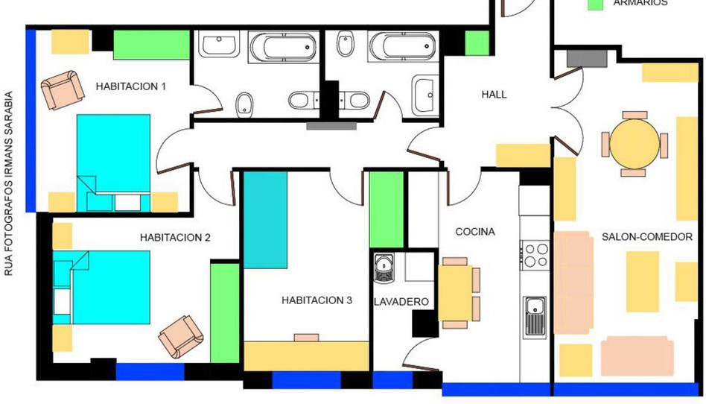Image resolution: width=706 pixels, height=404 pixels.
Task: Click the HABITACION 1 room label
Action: [x=130, y=86]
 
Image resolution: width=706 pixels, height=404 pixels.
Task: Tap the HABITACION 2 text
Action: [x=175, y=237]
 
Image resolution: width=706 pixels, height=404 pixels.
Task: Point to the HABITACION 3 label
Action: [x=317, y=300]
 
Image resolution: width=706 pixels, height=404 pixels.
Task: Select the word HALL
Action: [x=494, y=94]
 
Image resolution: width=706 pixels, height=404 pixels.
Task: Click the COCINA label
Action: [x=475, y=232]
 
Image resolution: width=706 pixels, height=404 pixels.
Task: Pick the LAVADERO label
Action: [x=401, y=302]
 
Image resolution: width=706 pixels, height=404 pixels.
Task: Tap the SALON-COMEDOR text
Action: [x=647, y=237]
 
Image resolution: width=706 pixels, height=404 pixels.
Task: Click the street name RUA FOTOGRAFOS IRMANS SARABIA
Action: [x=8, y=183]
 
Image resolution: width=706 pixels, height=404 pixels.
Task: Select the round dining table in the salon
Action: [x=635, y=144]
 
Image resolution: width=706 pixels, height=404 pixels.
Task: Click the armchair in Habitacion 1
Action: [x=63, y=89]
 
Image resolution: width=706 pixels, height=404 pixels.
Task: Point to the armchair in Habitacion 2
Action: [x=181, y=336]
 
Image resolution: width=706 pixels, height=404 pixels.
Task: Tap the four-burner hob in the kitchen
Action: [x=535, y=255]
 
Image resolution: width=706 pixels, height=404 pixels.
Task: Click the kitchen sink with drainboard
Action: [x=535, y=318]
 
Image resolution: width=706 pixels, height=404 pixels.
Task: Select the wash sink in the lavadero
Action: [x=384, y=268]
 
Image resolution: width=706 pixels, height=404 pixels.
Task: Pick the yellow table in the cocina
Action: [x=455, y=293]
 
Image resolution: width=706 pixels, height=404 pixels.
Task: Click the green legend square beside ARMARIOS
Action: [x=596, y=4]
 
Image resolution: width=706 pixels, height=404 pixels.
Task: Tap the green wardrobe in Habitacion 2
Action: [x=225, y=313]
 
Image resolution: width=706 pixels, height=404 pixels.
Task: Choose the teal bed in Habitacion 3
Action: [x=266, y=220]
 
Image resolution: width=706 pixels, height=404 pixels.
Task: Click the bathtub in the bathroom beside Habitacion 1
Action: [x=283, y=46]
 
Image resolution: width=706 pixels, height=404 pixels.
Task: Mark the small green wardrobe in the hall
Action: [x=477, y=43]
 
